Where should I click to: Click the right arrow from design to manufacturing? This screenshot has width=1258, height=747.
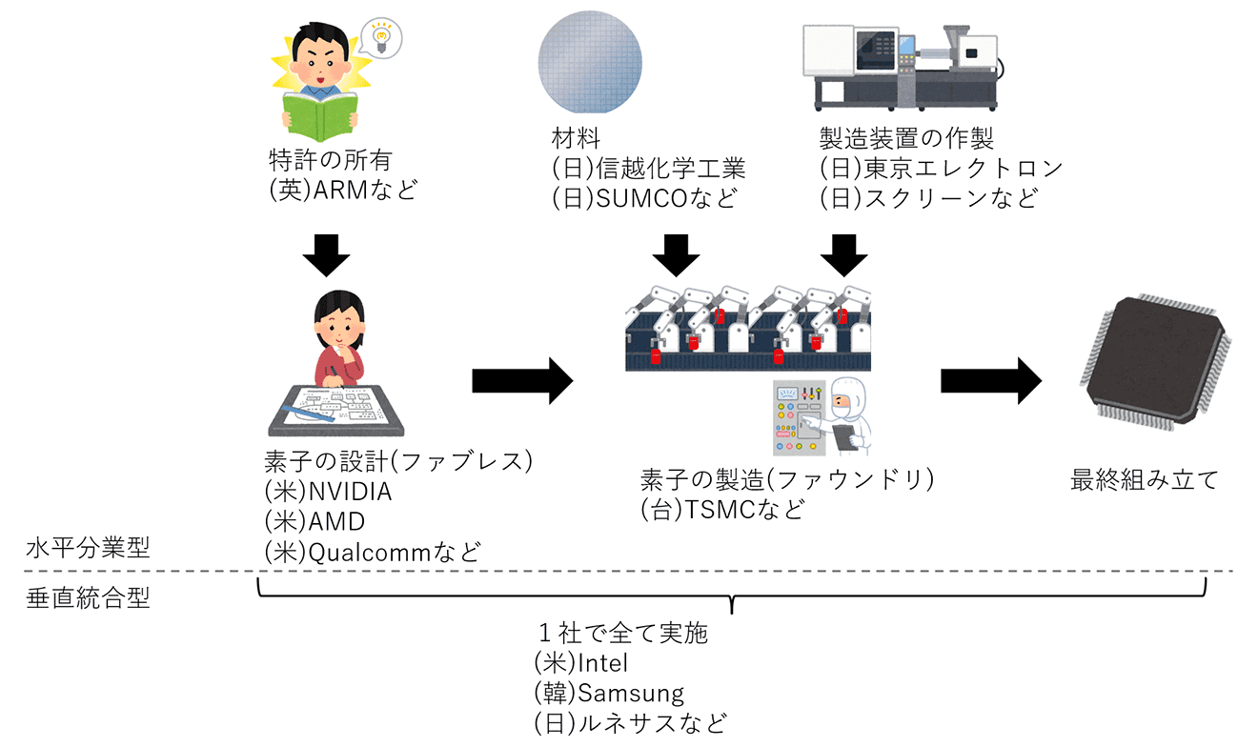pyautogui.click(x=522, y=380)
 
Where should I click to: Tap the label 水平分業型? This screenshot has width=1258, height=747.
pyautogui.click(x=88, y=550)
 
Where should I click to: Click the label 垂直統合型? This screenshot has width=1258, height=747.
pyautogui.click(x=88, y=599)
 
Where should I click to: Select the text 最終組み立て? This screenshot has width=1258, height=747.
pyautogui.click(x=1145, y=479)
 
